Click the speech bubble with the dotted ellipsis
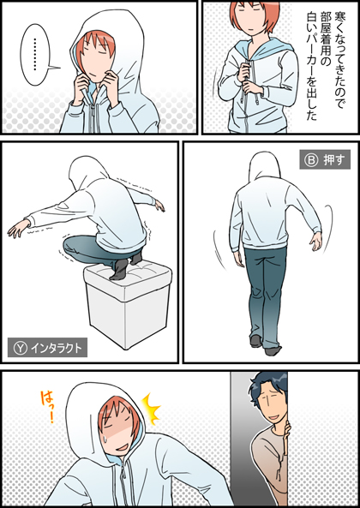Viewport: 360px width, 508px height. pyautogui.click(x=36, y=55)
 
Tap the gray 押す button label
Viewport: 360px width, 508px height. pyautogui.click(x=325, y=159)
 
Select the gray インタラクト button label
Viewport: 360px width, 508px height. pyautogui.click(x=47, y=347)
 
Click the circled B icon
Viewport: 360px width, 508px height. pyautogui.click(x=311, y=159)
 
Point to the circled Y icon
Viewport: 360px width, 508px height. pyautogui.click(x=20, y=348)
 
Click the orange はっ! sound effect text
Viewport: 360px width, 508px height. pyautogui.click(x=48, y=407)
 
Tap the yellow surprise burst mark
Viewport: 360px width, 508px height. pyautogui.click(x=152, y=409)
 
